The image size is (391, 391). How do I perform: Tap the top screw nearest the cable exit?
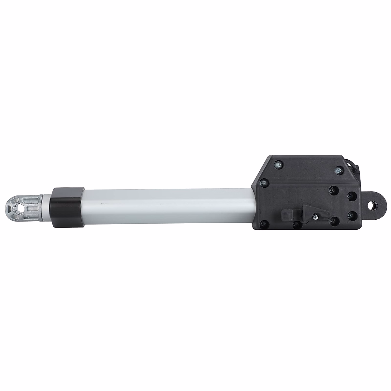339,169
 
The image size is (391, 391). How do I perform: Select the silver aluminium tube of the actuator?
166,206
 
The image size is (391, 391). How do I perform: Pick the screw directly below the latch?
296,224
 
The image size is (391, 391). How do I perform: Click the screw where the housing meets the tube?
264,183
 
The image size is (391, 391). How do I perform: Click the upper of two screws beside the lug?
351,196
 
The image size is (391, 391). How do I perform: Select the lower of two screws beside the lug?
351,215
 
